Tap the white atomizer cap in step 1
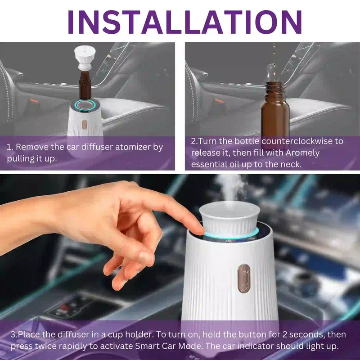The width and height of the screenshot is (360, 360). coord(85,57)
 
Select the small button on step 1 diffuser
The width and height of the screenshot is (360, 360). coord(84,124)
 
